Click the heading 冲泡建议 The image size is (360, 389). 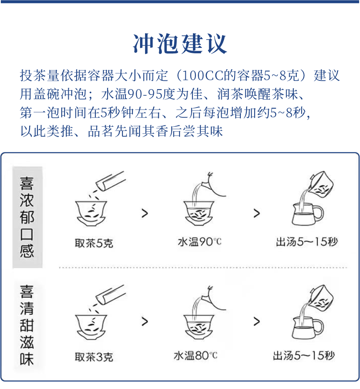[180, 43]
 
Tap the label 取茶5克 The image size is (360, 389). [94, 243]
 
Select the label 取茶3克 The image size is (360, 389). [94, 357]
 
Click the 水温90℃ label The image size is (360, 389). [200, 242]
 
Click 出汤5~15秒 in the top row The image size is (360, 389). [307, 242]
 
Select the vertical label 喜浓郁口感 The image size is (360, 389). [27, 217]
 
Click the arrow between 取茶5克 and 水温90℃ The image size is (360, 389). [145, 213]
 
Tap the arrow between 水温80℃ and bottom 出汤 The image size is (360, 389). [256, 322]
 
